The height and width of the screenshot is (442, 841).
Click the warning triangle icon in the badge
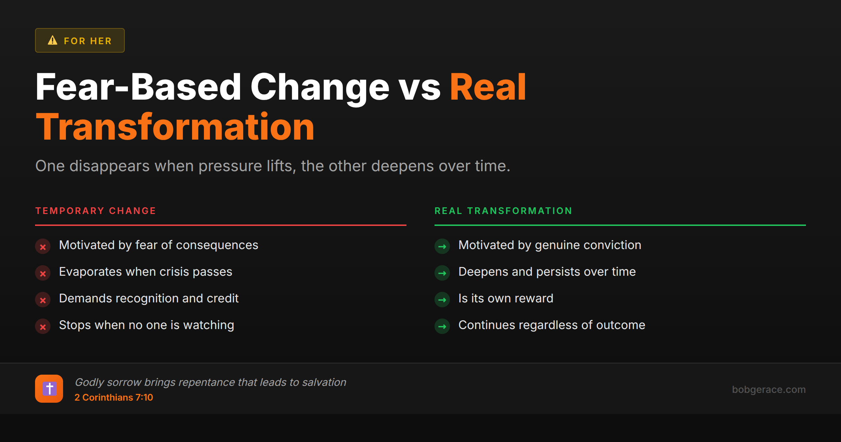tap(53, 40)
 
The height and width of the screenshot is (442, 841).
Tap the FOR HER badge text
tap(88, 41)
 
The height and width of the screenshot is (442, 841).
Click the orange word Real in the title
tap(488, 87)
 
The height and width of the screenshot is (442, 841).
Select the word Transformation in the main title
tap(175, 127)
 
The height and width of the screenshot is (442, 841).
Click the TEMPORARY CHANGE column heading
tap(96, 211)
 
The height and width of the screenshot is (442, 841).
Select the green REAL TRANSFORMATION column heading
tap(503, 211)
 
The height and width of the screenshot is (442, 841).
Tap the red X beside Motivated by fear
tap(43, 247)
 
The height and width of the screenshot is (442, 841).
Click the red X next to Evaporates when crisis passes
tap(43, 273)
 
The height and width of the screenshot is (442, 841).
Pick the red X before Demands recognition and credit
tap(43, 300)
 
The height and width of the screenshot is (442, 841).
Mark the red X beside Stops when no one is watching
tap(43, 327)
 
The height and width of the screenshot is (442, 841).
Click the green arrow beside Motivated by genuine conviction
tap(442, 247)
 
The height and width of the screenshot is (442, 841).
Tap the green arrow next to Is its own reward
tap(442, 300)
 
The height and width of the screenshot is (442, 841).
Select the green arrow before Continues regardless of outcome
tap(442, 327)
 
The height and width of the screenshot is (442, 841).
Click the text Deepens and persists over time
tap(547, 272)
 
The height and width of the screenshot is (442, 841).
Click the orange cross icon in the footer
tap(49, 389)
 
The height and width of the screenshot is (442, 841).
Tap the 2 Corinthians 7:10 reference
tap(114, 397)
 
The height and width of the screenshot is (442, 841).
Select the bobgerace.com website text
tap(768, 389)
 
